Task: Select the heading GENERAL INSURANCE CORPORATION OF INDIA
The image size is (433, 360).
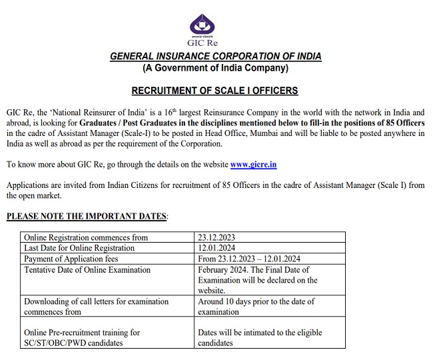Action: click(x=215, y=57)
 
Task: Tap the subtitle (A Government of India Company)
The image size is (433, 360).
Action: click(x=215, y=68)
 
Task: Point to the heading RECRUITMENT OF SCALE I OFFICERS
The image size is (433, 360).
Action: click(x=215, y=91)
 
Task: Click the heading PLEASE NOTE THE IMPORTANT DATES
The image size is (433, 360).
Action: click(x=87, y=217)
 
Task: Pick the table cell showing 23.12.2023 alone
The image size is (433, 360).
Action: click(x=217, y=237)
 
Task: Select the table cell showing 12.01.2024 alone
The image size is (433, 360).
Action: click(x=217, y=248)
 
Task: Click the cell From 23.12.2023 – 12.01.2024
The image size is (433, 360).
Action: click(x=250, y=259)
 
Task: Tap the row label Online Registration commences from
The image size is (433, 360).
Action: click(x=86, y=237)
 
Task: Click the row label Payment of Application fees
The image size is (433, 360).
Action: click(x=76, y=259)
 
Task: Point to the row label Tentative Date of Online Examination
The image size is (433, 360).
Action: click(x=87, y=269)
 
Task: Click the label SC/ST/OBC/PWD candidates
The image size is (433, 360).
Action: click(x=73, y=343)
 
